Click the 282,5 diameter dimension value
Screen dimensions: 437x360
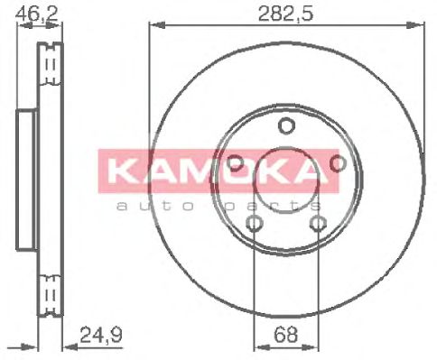(x=285, y=13)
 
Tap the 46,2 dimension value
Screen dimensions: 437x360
(x=37, y=13)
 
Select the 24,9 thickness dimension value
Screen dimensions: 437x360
(x=101, y=335)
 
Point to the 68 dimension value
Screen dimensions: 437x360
(x=286, y=335)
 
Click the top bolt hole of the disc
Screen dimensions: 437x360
(x=286, y=125)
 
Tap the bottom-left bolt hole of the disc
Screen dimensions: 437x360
(x=255, y=223)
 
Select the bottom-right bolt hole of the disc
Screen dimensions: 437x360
(x=319, y=223)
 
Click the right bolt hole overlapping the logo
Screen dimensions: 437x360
(x=339, y=163)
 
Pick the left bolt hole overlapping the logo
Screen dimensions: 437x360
(x=235, y=163)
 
